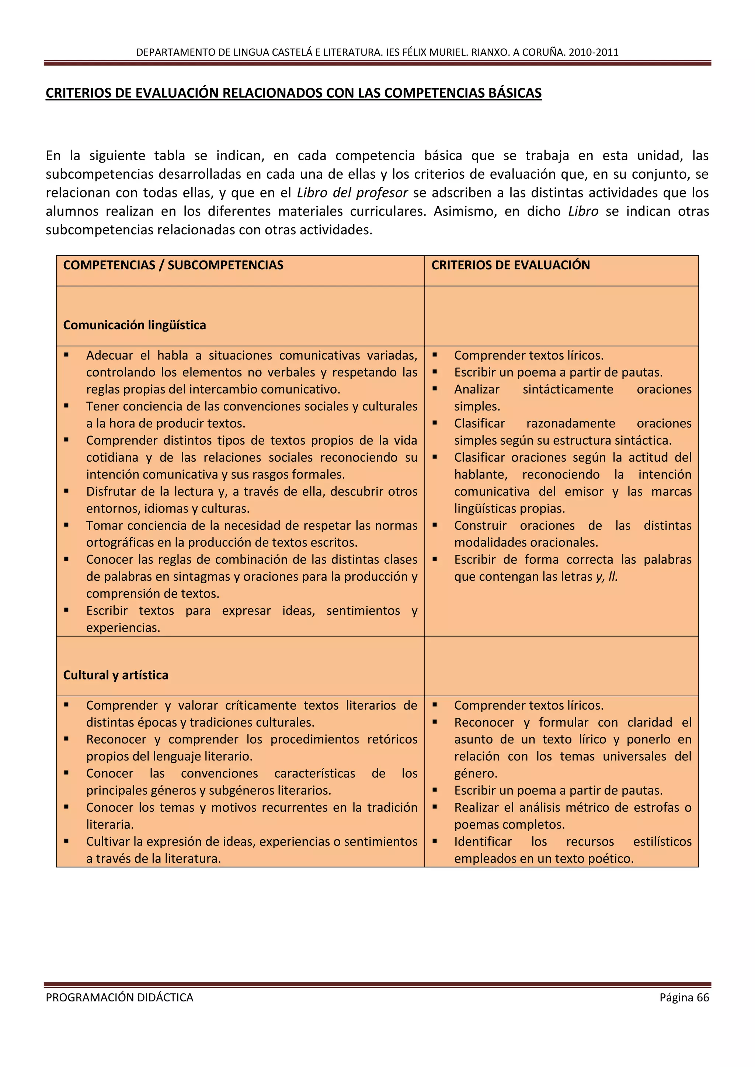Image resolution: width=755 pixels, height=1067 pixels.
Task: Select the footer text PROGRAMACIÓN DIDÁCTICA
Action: click(x=119, y=997)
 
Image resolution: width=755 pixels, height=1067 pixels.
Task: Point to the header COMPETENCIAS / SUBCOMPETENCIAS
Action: click(x=173, y=265)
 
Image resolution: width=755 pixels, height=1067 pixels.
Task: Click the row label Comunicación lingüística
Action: click(x=134, y=325)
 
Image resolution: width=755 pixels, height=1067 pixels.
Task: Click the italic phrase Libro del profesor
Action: click(x=352, y=192)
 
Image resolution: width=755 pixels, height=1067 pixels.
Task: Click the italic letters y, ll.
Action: click(x=607, y=577)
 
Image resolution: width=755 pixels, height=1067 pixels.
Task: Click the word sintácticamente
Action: click(x=568, y=389)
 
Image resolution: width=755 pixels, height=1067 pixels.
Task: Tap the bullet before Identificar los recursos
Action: click(x=435, y=841)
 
